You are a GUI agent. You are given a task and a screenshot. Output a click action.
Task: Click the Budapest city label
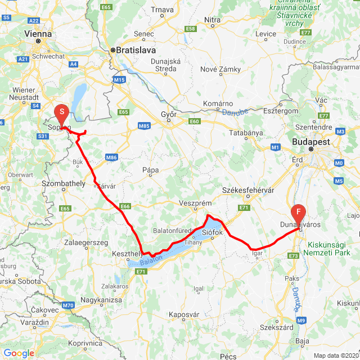pyautogui.click(x=310, y=143)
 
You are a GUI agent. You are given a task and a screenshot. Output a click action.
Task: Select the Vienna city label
pyautogui.click(x=38, y=34)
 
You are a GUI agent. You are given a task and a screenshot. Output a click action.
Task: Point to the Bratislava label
pyautogui.click(x=136, y=49)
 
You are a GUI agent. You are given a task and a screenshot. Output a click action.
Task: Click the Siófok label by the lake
pyautogui.click(x=213, y=232)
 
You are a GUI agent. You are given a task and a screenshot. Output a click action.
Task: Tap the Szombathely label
pyautogui.click(x=64, y=183)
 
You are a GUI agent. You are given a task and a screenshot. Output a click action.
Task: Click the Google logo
pyautogui.click(x=19, y=353)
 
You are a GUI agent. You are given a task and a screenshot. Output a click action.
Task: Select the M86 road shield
pyautogui.click(x=111, y=158)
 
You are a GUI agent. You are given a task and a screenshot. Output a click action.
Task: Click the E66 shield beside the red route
pyautogui.click(x=125, y=206)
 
